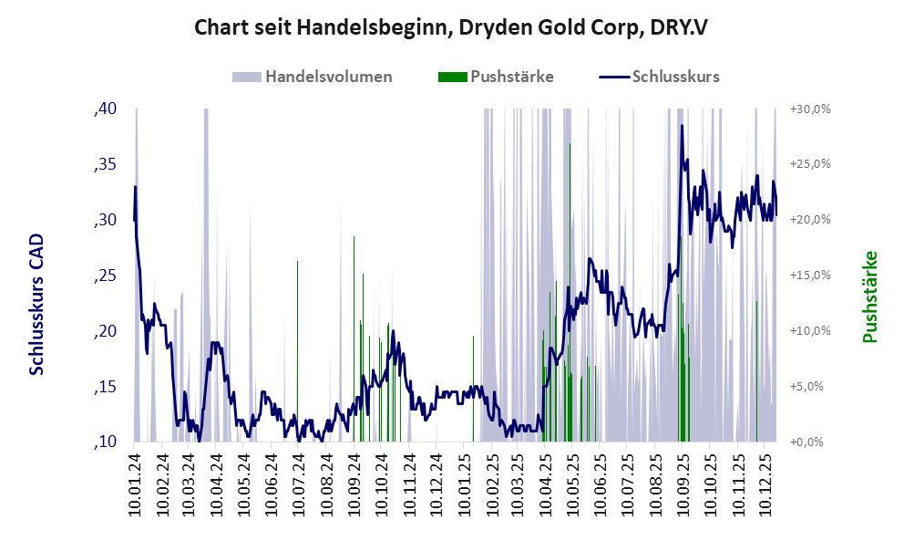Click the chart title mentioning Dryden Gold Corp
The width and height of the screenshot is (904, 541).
pos(451,27)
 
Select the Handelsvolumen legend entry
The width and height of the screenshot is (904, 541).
pos(328,77)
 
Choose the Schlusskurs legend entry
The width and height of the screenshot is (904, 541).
pos(675,77)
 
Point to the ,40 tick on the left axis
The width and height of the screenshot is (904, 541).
pos(106,109)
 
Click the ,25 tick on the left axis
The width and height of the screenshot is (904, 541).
pos(106,276)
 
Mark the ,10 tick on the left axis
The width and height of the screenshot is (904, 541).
pos(106,442)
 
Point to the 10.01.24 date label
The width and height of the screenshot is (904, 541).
pos(135,484)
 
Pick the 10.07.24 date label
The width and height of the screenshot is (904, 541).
pos(298,484)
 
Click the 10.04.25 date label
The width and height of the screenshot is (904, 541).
pos(544,484)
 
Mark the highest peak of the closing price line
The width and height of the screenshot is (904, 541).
pos(682,126)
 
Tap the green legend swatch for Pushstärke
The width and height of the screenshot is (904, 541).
pos(452,77)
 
